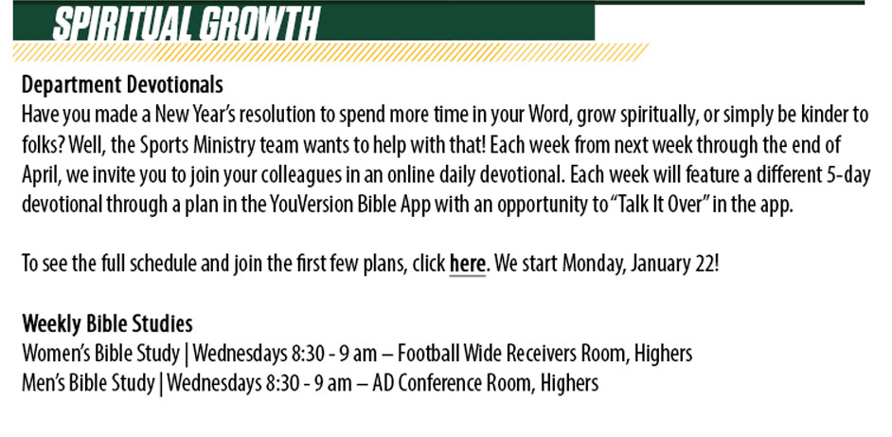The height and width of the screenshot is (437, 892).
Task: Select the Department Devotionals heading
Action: pyautogui.click(x=122, y=85)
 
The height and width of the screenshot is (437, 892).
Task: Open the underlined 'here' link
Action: pyautogui.click(x=467, y=264)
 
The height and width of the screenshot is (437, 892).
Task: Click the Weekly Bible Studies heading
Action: pyautogui.click(x=107, y=323)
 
